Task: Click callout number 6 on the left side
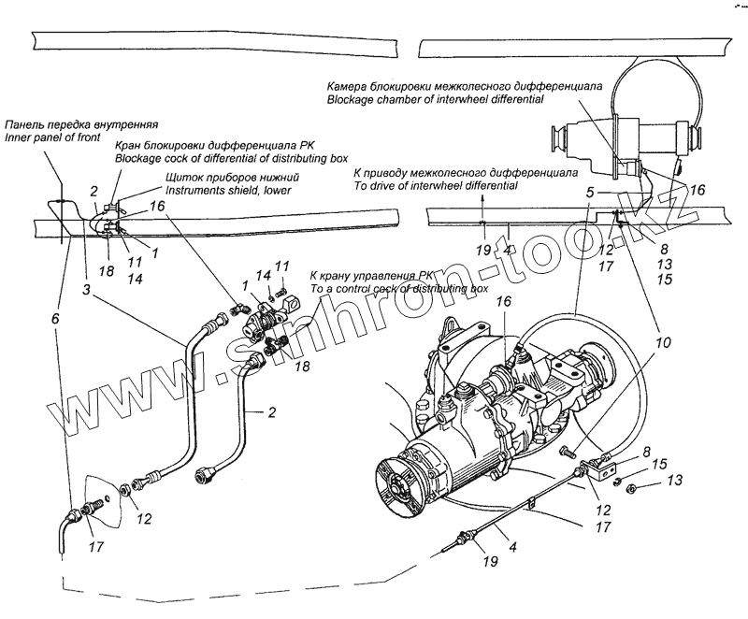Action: click(x=54, y=318)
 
